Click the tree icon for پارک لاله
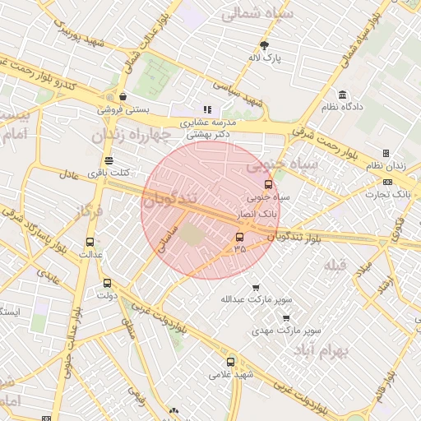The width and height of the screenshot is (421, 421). (264, 45)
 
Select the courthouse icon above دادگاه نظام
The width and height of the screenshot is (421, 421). (341, 95)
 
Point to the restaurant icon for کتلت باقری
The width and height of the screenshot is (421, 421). (109, 160)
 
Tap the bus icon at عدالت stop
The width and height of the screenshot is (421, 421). (90, 243)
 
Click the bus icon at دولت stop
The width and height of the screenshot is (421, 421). (107, 283)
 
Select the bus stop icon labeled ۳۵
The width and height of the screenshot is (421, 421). (240, 238)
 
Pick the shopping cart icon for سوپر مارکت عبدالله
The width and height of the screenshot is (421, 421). (256, 288)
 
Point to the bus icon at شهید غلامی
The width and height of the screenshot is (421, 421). (230, 361)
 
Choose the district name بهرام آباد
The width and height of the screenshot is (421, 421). (322, 349)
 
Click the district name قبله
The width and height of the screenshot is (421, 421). (336, 264)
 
